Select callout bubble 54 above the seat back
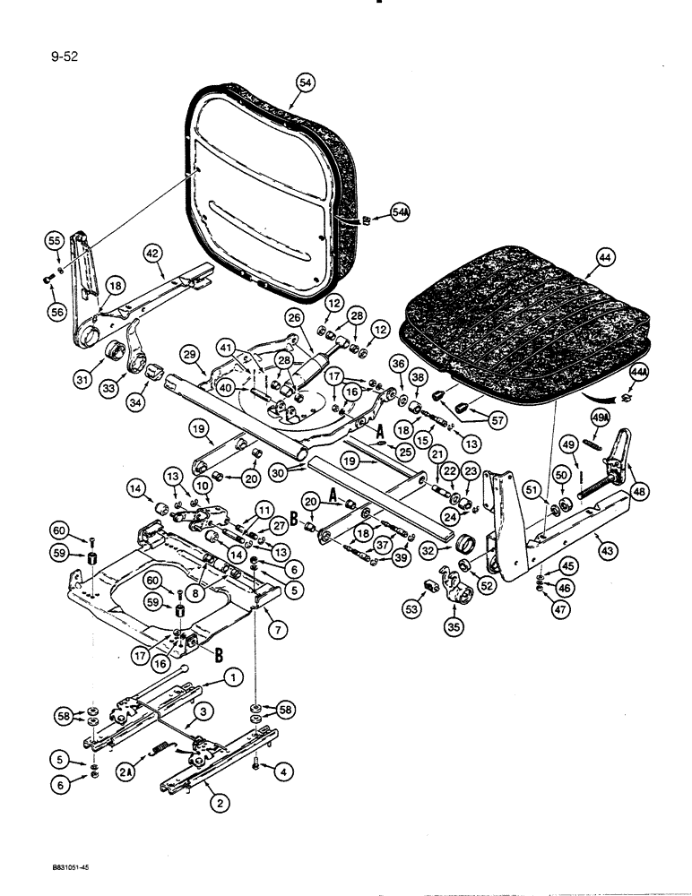coord(306,82)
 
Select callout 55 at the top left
coord(55,240)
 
